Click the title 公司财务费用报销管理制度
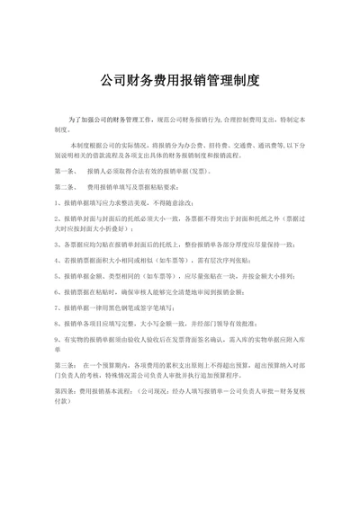tap(180, 80)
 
